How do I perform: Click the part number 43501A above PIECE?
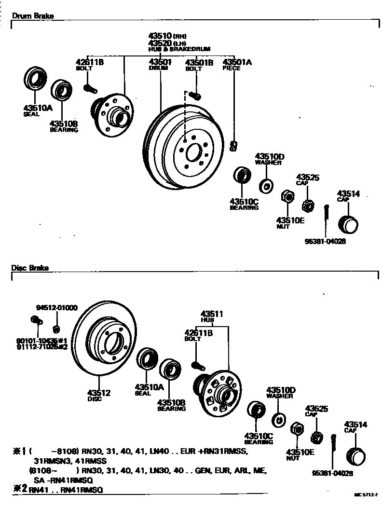pos(237,62)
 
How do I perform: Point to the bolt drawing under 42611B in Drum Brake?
pos(90,89)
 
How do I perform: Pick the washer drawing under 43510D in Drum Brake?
pos(266,184)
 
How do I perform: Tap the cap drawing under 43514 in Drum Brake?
pos(348,224)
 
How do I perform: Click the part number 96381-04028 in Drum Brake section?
pos(325,241)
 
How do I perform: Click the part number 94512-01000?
pos(56,308)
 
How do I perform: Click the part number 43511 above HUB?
pos(212,314)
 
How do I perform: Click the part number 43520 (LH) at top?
pos(160,43)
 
